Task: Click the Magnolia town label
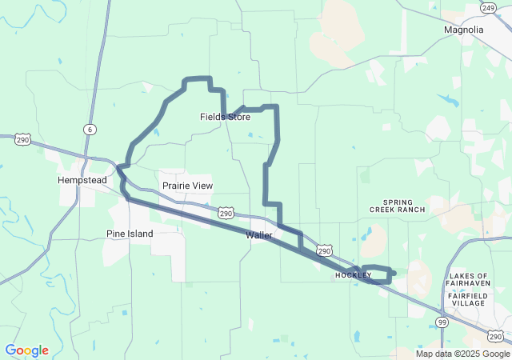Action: coord(463,30)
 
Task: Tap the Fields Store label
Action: coord(225,117)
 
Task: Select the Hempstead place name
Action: coord(82,180)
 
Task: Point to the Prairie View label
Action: coord(187,186)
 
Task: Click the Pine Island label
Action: coord(130,234)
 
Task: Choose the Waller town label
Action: coord(259,235)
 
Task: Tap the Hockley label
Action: coord(353,275)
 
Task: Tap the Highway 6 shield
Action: coord(90,129)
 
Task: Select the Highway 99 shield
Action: coord(442,322)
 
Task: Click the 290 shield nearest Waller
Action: coord(226,214)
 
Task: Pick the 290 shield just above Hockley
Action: coord(324,251)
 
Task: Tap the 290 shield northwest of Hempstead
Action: coord(22,140)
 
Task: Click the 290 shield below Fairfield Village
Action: coord(496,336)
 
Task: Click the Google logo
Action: coord(26,350)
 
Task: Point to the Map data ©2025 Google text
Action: coord(462,354)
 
